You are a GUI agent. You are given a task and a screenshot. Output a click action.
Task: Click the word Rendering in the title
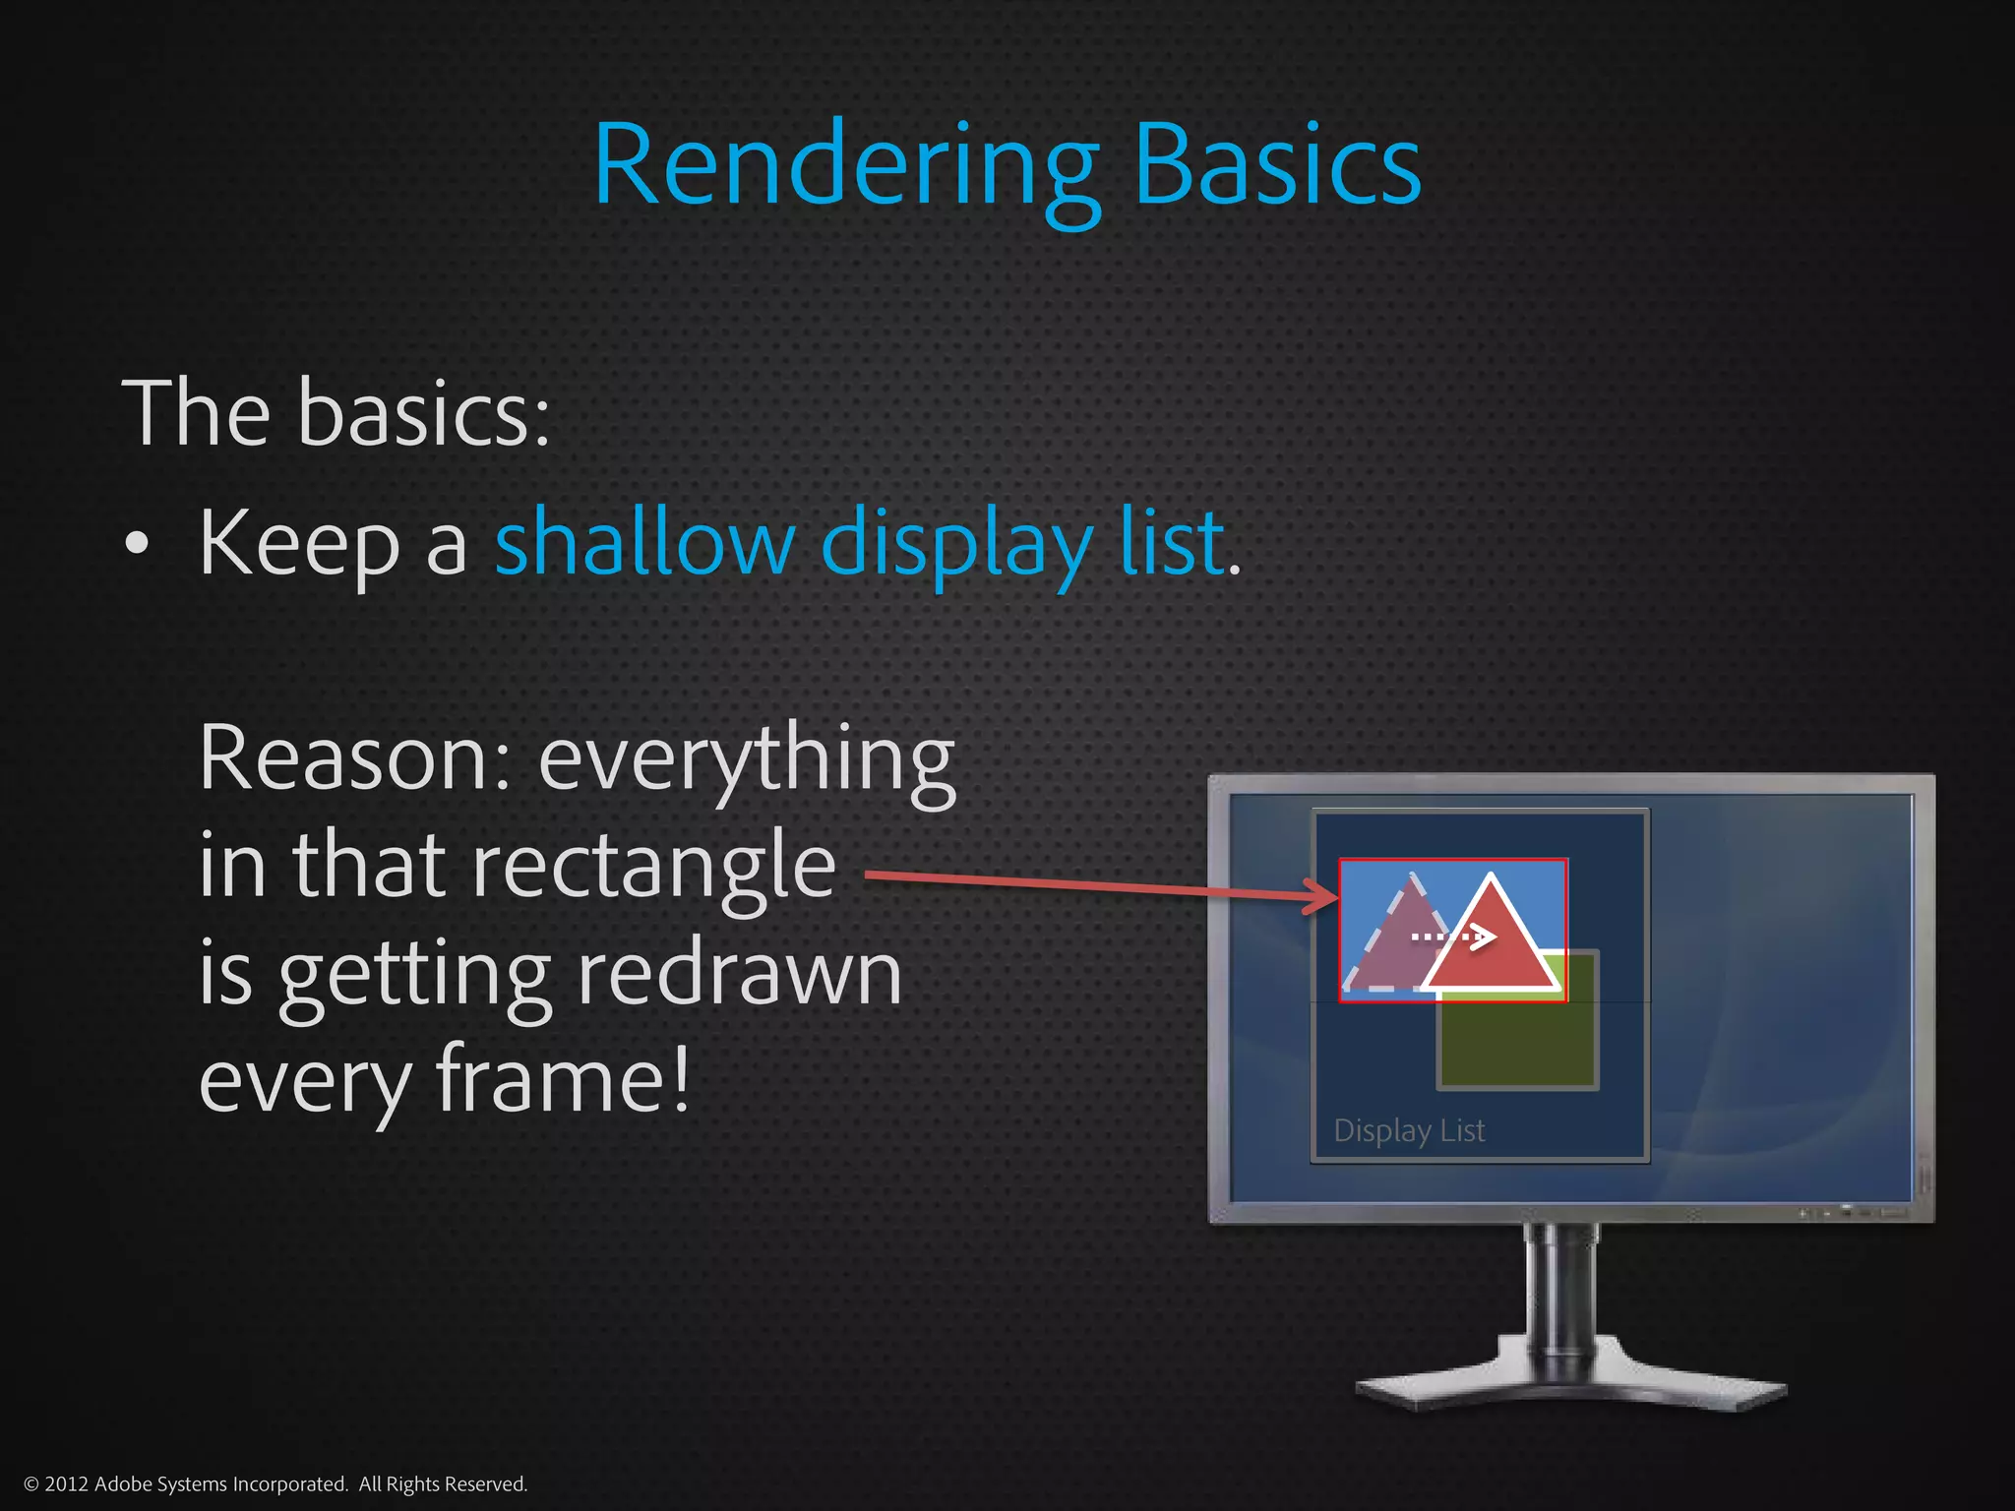click(x=846, y=167)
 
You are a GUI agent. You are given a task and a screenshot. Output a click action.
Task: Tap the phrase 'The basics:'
click(x=335, y=413)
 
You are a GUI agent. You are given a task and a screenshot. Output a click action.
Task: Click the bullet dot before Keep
click(x=137, y=544)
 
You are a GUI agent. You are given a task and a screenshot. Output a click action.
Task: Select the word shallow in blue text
click(x=644, y=542)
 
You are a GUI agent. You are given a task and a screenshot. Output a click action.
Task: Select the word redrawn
click(x=739, y=974)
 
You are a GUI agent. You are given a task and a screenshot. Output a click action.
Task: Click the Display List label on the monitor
click(x=1409, y=1131)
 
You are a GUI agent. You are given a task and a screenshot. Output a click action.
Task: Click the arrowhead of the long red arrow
click(x=1323, y=896)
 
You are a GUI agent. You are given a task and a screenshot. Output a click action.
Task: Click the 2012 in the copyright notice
click(x=66, y=1484)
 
